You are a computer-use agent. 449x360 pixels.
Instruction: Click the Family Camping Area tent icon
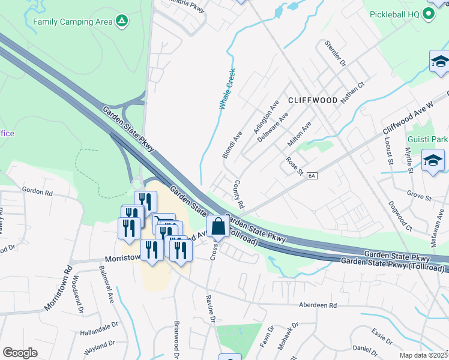[122, 22]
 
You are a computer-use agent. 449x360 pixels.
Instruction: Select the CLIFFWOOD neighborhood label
[312, 100]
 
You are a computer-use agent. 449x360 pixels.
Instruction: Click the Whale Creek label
[227, 89]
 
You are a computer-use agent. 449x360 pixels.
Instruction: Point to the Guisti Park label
[427, 139]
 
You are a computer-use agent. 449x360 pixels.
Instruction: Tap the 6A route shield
[311, 176]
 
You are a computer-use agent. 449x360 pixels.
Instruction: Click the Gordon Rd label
[37, 192]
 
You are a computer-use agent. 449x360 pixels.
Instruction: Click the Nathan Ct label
[352, 93]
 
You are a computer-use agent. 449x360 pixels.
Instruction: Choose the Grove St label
[419, 196]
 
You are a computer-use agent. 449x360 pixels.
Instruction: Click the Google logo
[20, 353]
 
